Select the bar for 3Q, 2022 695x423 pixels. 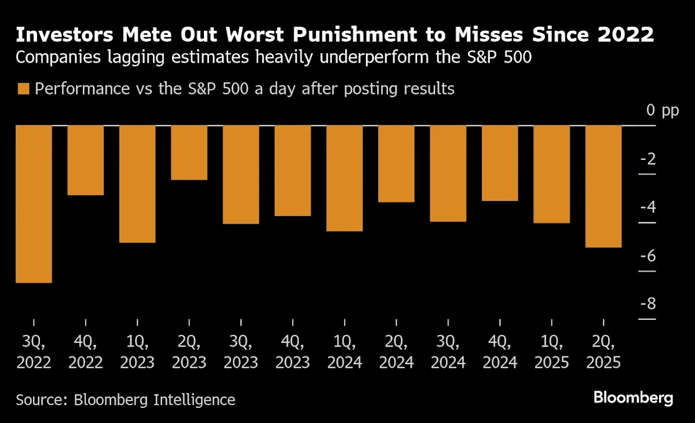34,204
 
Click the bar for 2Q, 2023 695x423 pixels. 189,152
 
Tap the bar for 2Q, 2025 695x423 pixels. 603,186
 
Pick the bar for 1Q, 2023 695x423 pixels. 137,184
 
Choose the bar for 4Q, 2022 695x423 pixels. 86,160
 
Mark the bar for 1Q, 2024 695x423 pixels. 345,178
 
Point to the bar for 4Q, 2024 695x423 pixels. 500,163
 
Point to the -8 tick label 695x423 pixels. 650,304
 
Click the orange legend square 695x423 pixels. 23,89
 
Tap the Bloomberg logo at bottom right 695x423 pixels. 633,398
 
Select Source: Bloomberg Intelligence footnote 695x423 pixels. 126,400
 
